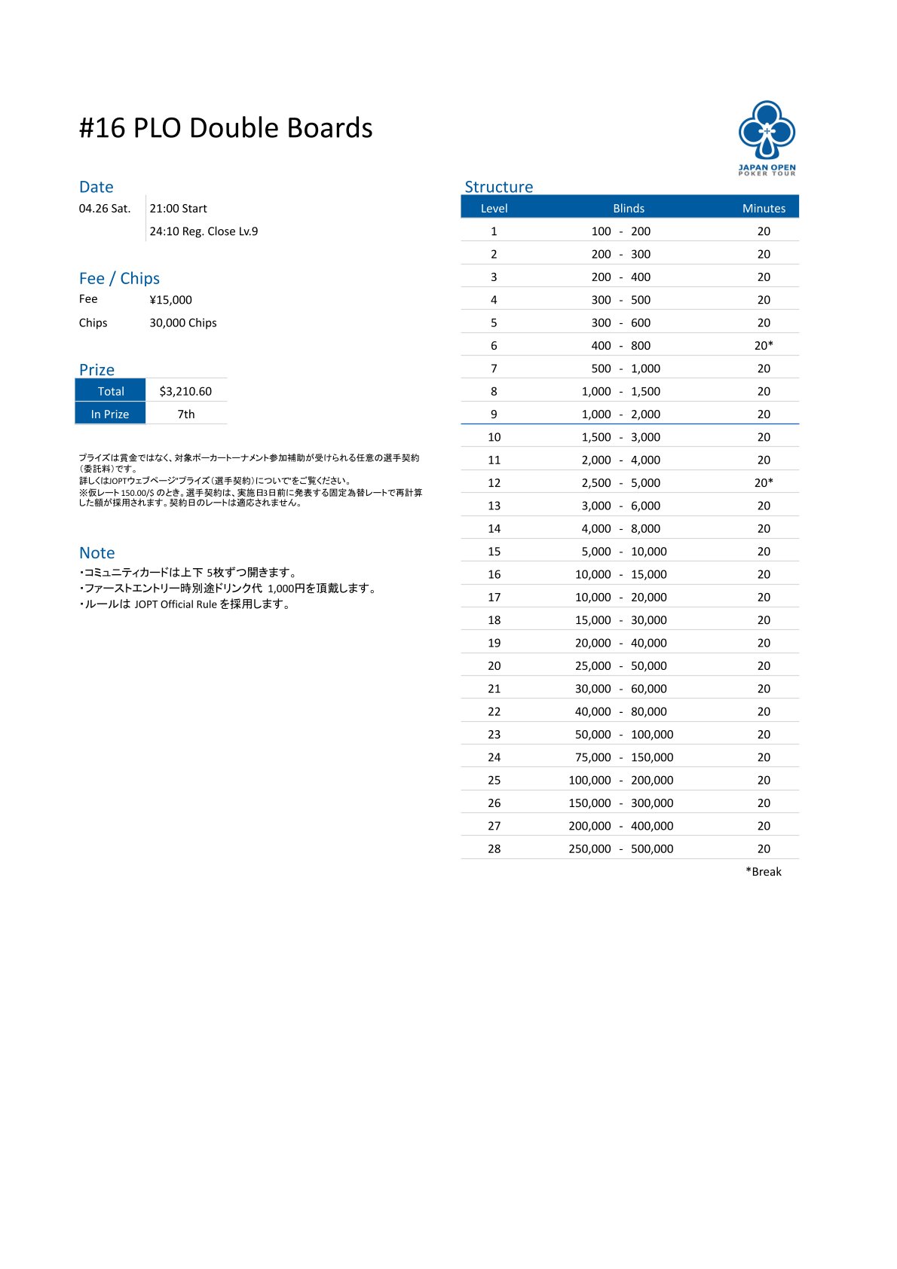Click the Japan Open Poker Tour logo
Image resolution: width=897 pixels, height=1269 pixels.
[x=767, y=137]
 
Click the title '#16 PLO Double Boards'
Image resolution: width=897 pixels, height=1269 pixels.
[x=225, y=128]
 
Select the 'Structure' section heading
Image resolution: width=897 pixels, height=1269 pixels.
[x=498, y=187]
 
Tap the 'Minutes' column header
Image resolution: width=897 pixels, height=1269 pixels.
[x=764, y=208]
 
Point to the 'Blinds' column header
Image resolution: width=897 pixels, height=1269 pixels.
[x=628, y=208]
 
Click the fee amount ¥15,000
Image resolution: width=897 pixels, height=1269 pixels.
[x=170, y=300]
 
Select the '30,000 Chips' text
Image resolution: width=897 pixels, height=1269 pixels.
[x=182, y=323]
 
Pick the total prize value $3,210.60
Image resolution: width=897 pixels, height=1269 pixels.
[x=185, y=391]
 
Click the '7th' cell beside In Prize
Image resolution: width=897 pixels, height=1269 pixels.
[x=185, y=414]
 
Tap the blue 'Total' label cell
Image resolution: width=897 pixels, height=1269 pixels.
[x=111, y=391]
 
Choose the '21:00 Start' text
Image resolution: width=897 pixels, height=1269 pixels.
[x=178, y=209]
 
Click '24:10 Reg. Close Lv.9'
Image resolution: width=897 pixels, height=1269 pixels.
[x=204, y=231]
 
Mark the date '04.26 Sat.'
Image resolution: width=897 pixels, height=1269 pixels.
[x=105, y=209]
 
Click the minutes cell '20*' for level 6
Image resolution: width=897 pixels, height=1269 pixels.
[x=764, y=345]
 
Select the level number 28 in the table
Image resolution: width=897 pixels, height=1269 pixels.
[x=494, y=849]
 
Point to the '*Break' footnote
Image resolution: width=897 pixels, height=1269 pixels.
[x=763, y=871]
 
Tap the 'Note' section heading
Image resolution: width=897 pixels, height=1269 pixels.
[x=97, y=553]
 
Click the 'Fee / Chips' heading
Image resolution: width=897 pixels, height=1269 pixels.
[x=119, y=279]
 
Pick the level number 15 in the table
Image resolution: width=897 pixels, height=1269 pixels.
[x=494, y=552]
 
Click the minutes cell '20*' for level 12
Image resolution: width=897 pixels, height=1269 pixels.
[x=764, y=482]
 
